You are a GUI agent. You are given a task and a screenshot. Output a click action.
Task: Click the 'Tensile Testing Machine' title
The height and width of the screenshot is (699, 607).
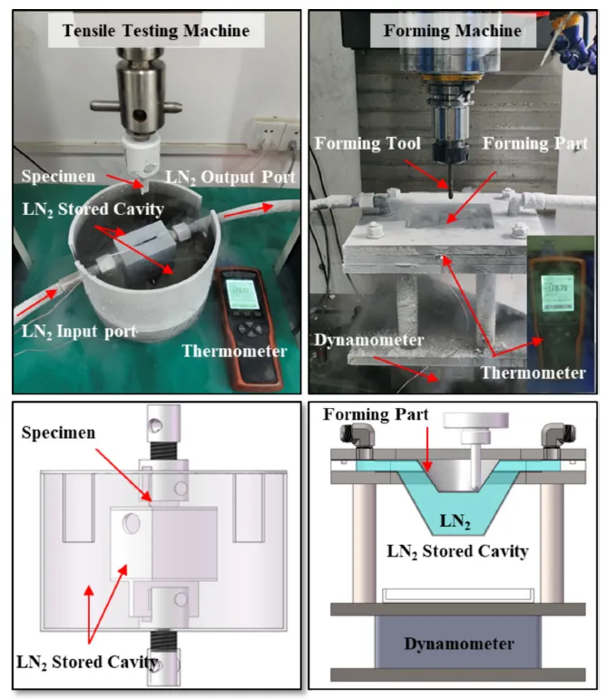[155, 31]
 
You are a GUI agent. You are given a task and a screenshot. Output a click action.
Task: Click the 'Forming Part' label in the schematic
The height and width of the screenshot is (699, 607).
[372, 416]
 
